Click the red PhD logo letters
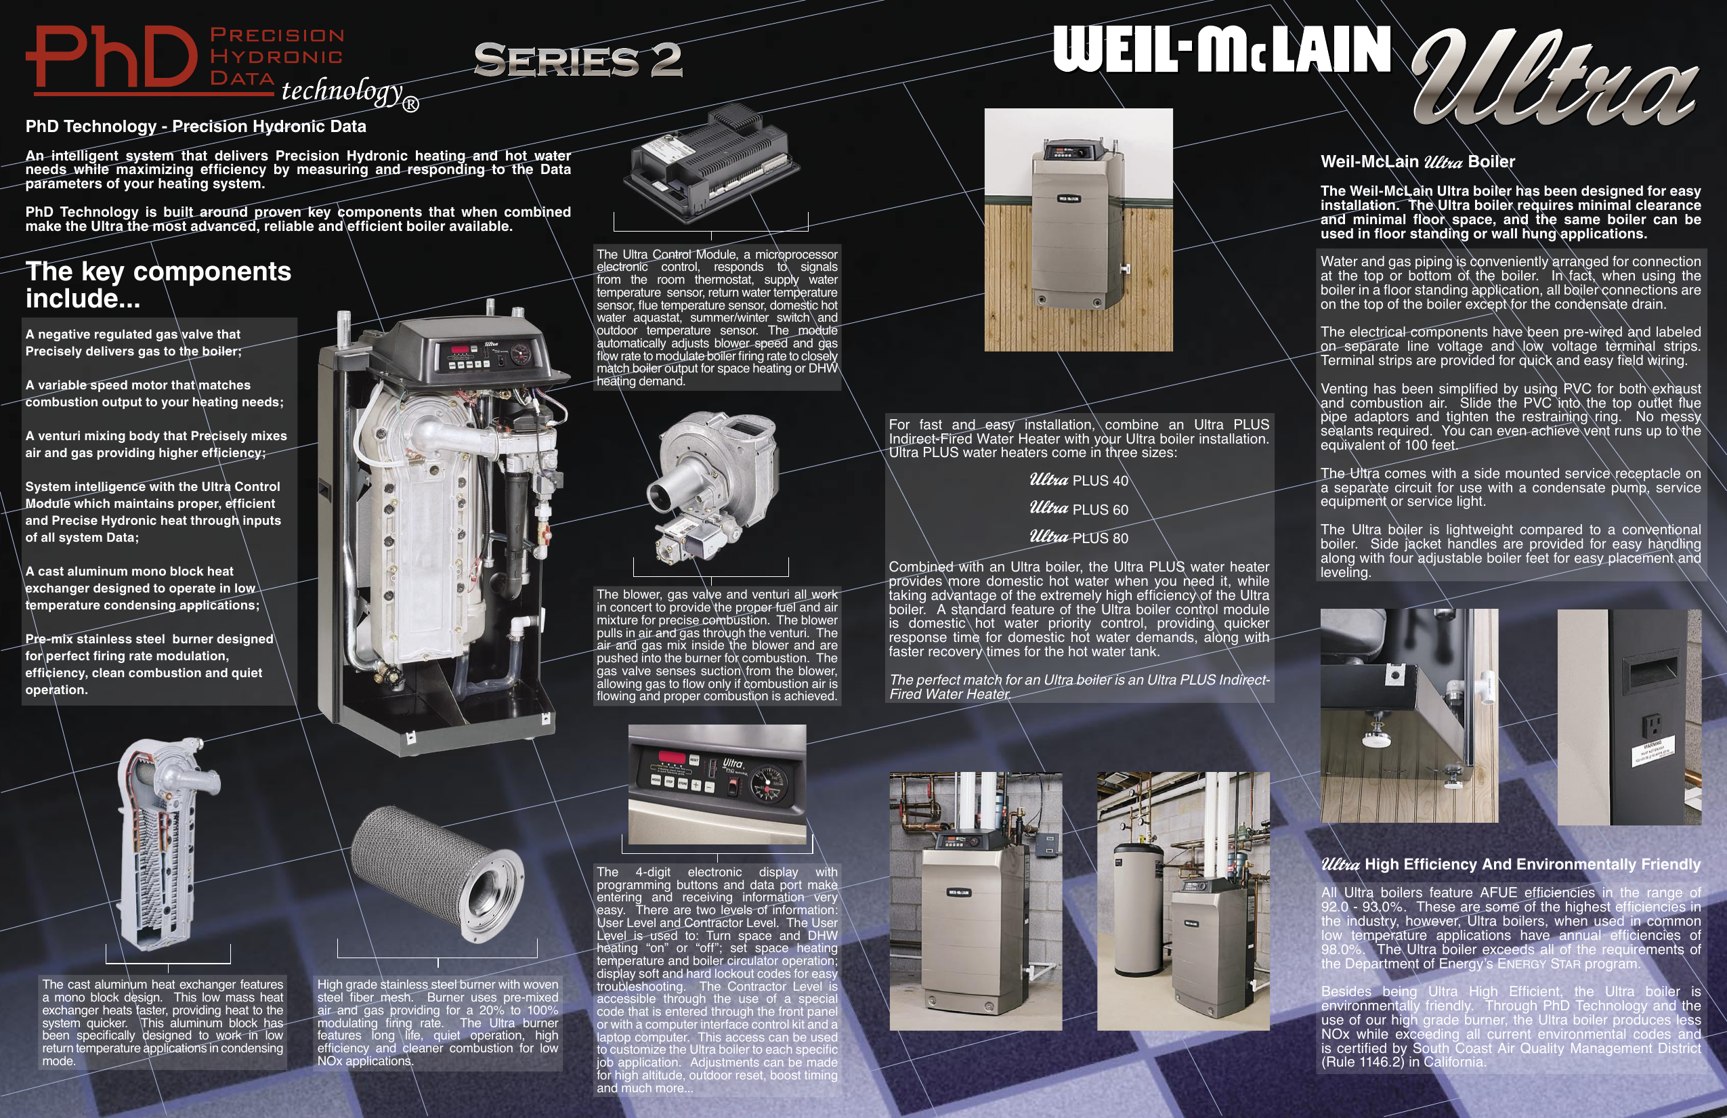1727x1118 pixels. (x=112, y=58)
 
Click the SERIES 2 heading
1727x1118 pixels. (x=578, y=60)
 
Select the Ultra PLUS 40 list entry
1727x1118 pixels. (x=1079, y=480)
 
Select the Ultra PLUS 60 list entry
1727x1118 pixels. (x=1079, y=509)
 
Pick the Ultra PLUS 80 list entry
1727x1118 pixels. (x=1079, y=538)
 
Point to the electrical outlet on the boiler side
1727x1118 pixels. (x=1653, y=724)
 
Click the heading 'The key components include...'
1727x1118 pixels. (x=158, y=284)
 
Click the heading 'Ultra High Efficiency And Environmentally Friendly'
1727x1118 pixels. (x=1510, y=864)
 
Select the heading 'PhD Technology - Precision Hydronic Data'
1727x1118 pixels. (x=196, y=126)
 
